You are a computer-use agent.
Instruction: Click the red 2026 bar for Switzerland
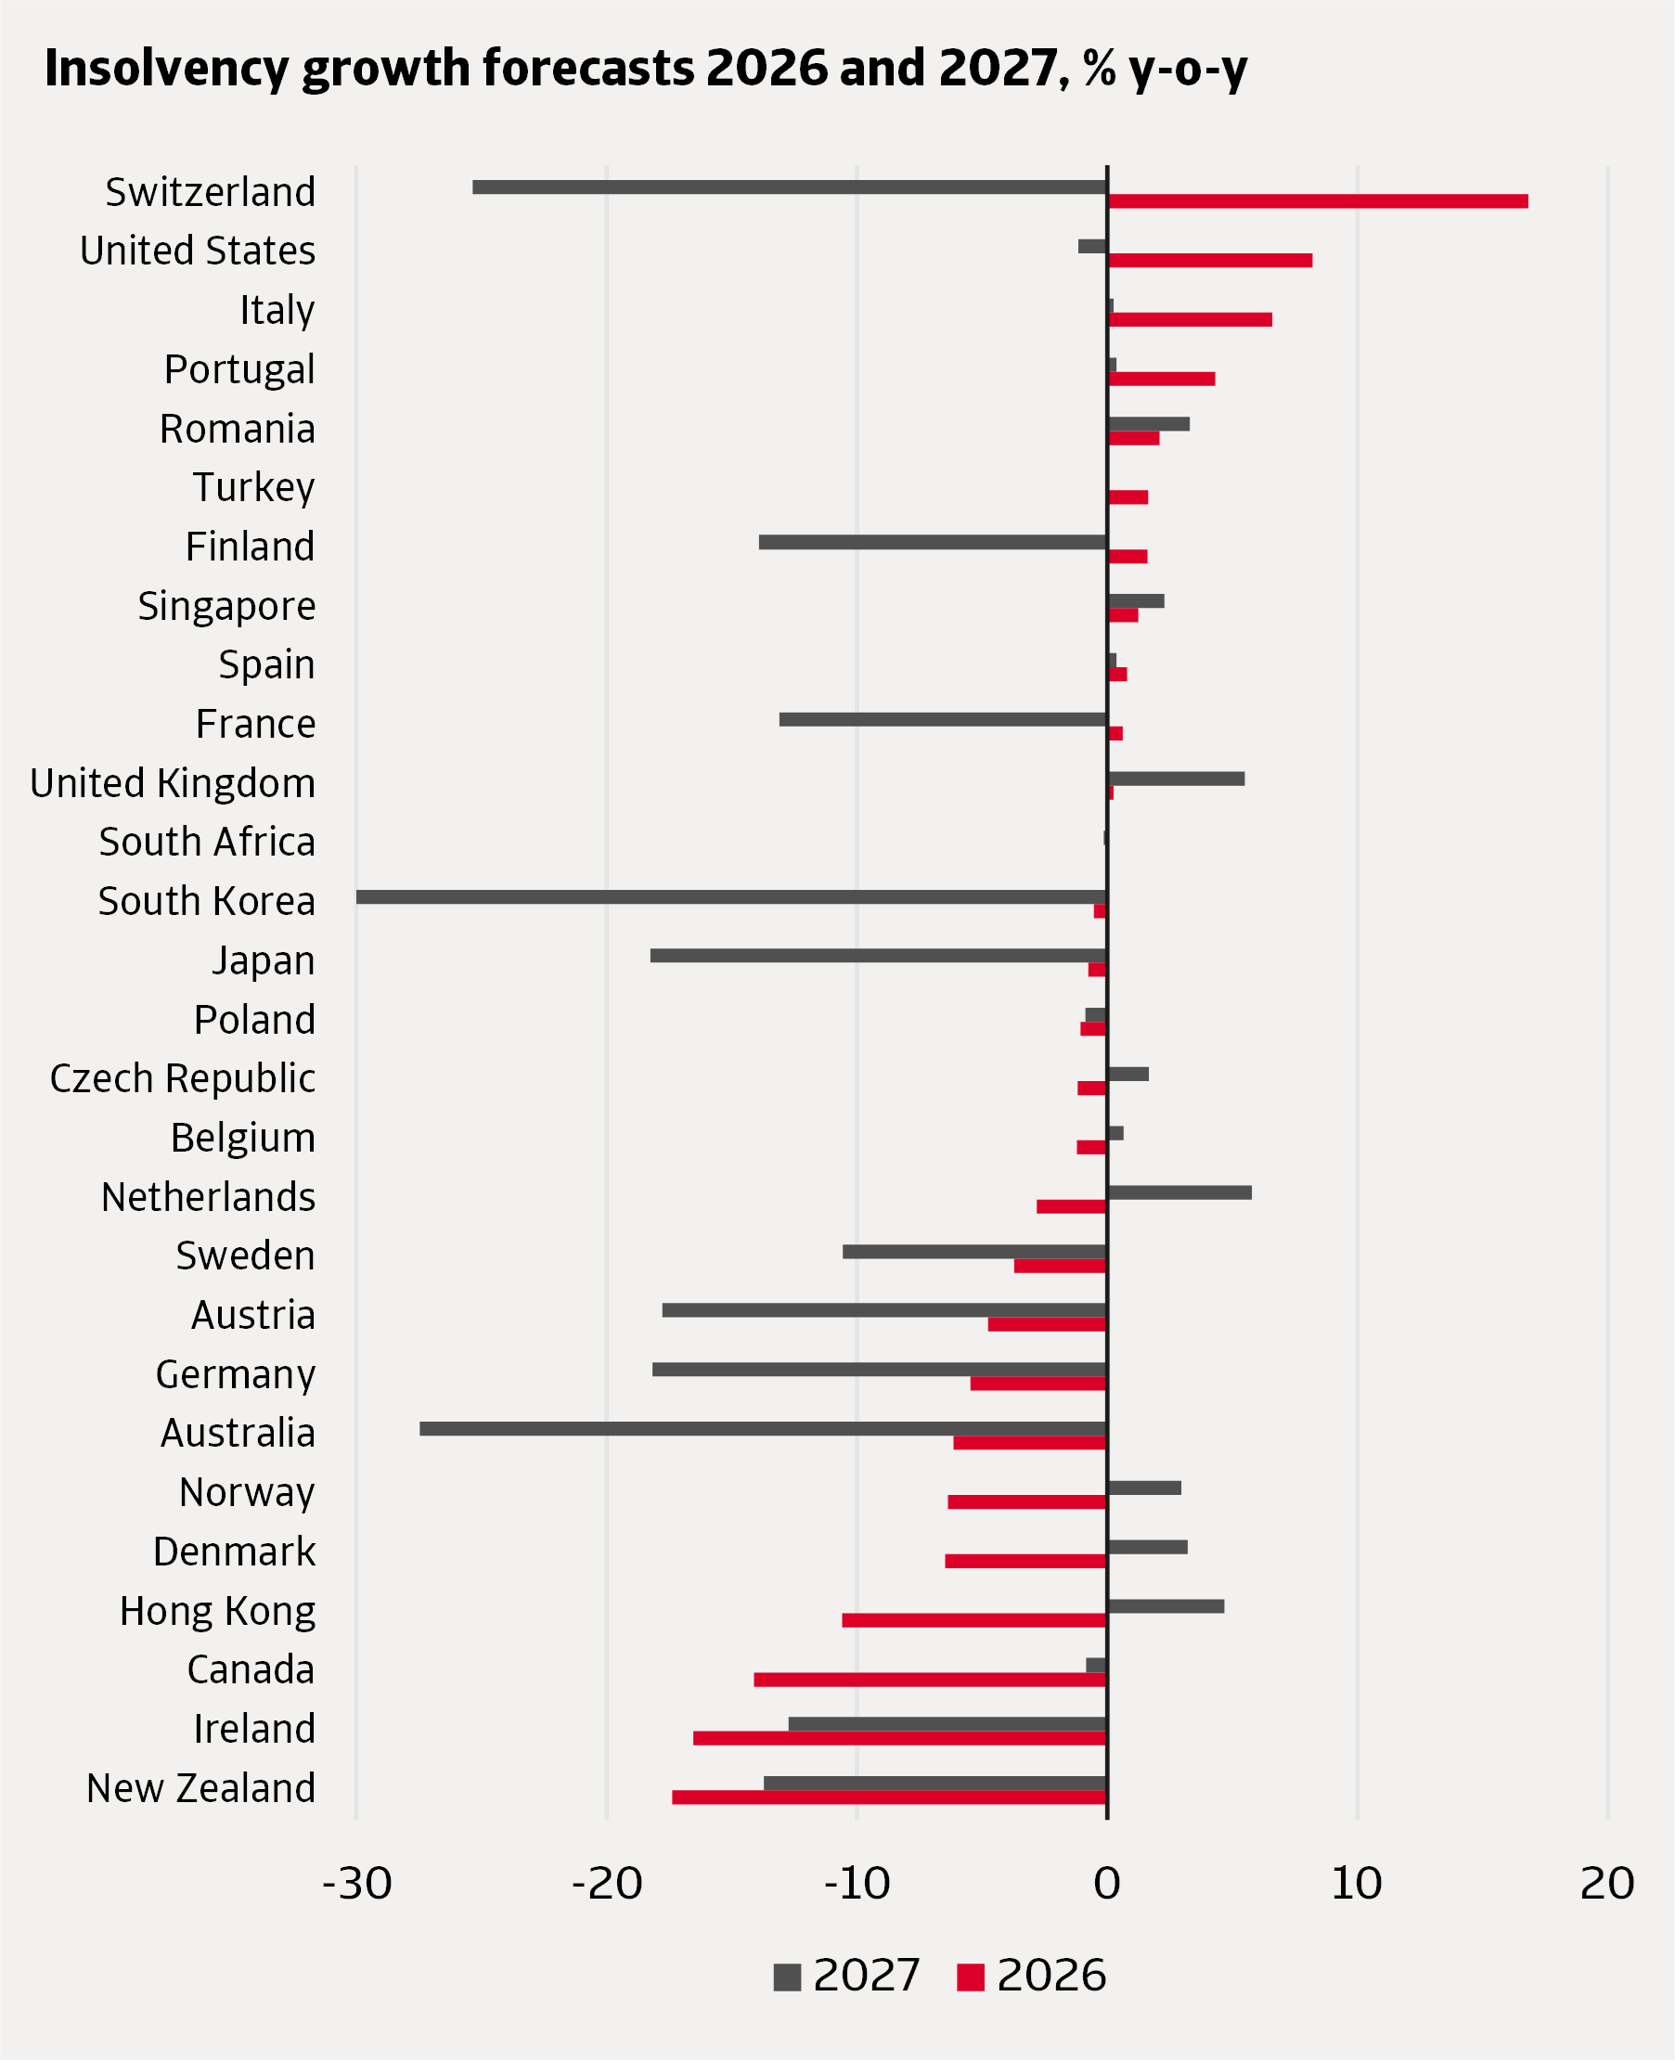tap(1317, 200)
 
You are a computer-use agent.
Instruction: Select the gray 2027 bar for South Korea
tap(730, 896)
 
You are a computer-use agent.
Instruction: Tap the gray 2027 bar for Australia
tap(762, 1428)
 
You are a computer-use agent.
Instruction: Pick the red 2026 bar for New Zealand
tap(889, 1797)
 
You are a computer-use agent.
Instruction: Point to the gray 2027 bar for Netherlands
tap(1179, 1192)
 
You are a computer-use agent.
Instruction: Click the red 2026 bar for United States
tap(1210, 261)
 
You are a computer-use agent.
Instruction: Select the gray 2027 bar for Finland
tap(932, 542)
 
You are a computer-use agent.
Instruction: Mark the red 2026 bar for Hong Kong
tap(973, 1620)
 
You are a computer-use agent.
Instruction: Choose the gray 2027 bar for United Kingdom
tap(1176, 779)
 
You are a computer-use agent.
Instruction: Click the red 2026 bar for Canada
tap(929, 1680)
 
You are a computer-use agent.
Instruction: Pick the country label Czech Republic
tap(183, 1078)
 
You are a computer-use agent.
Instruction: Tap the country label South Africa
tap(207, 843)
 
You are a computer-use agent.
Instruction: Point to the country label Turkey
tap(253, 487)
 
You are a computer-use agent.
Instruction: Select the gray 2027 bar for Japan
tap(878, 955)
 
